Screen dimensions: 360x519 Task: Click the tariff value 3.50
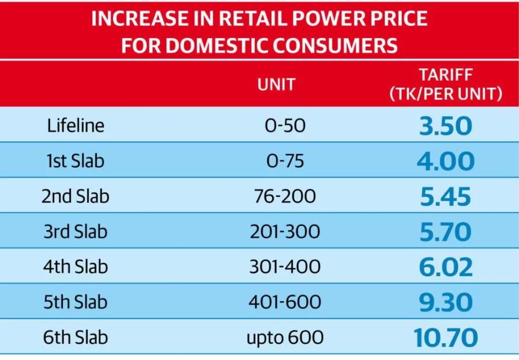click(445, 126)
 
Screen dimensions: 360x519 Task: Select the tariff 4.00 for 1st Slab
click(445, 161)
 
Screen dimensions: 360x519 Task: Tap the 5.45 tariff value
click(445, 197)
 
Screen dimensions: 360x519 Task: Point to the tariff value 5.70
click(445, 232)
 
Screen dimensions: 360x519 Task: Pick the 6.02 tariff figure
click(445, 267)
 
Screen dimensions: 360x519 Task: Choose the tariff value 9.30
click(445, 302)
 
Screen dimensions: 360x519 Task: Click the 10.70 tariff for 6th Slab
click(445, 337)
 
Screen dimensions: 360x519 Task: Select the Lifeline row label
click(76, 126)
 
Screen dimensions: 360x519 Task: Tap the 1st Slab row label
click(76, 161)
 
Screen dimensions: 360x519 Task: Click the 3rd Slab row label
click(76, 232)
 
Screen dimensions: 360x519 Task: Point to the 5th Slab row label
click(76, 302)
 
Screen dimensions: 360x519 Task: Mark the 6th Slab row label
click(76, 337)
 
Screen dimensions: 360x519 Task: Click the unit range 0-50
click(285, 126)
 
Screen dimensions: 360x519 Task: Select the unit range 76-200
click(285, 197)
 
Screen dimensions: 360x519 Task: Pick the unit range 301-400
click(285, 267)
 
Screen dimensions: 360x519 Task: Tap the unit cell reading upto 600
click(285, 337)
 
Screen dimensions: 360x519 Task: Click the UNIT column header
click(276, 85)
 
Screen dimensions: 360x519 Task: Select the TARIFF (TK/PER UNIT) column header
click(445, 85)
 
